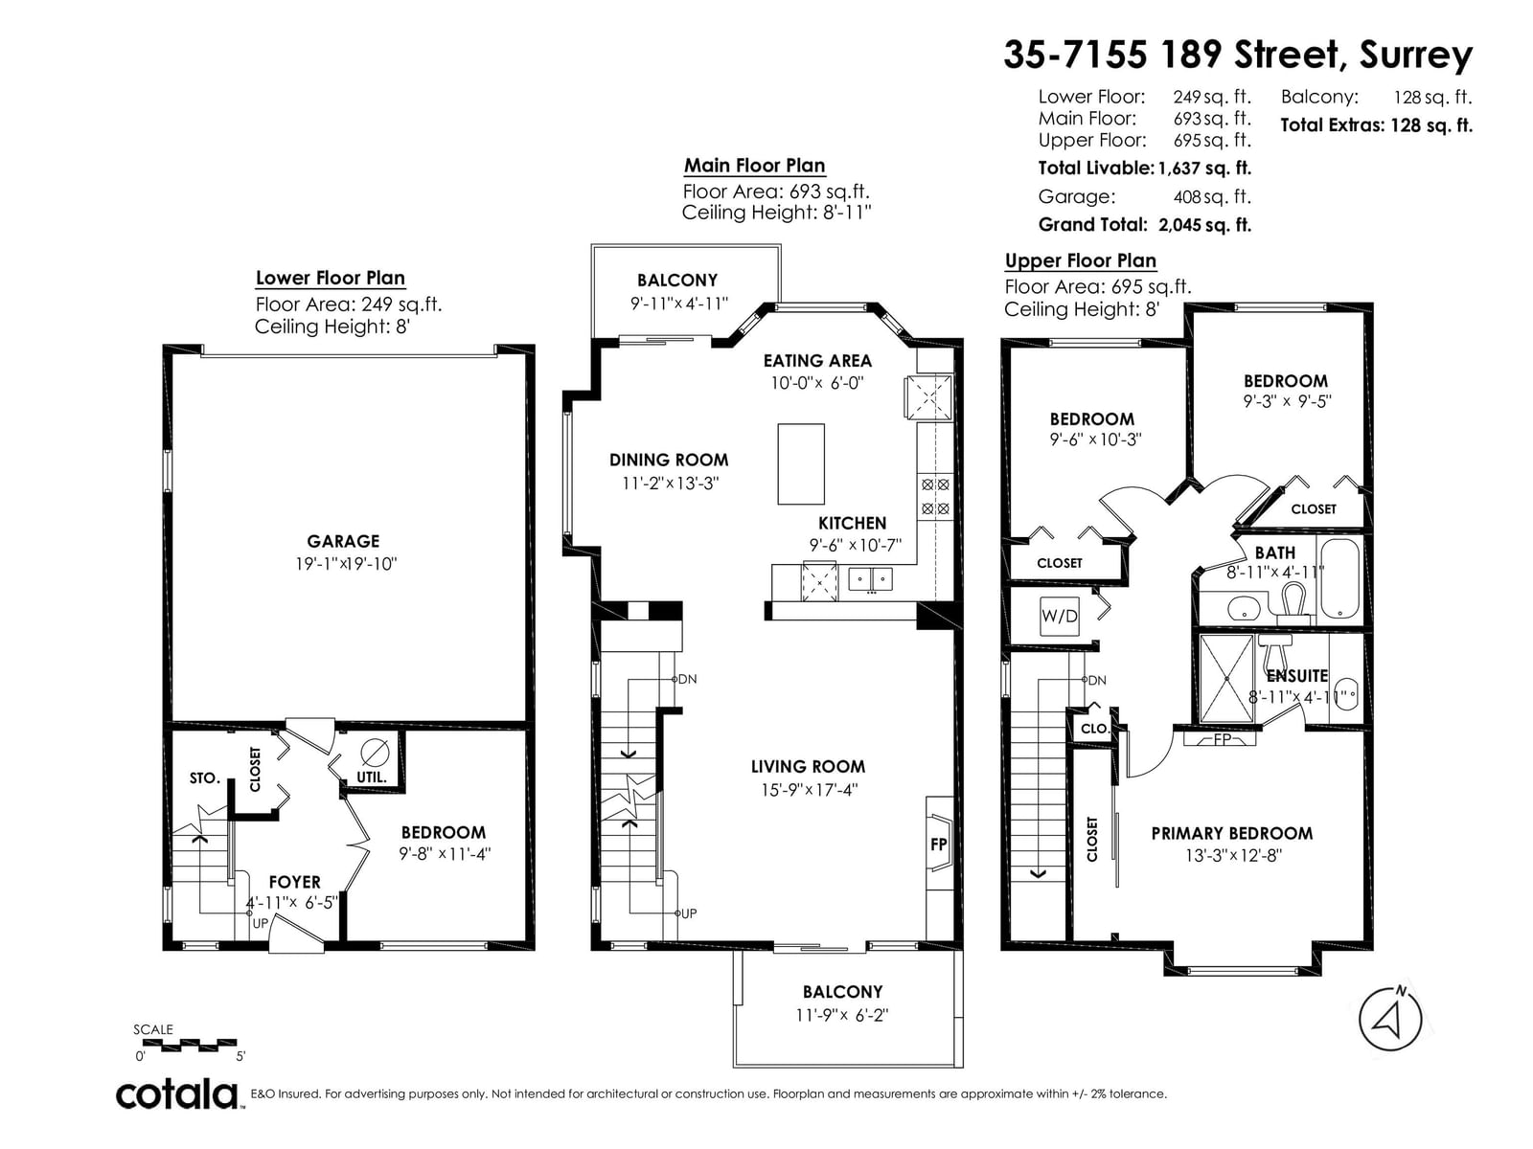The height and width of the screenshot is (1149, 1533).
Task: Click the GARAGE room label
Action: [x=343, y=541]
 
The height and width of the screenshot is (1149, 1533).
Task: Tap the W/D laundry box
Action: [x=1059, y=616]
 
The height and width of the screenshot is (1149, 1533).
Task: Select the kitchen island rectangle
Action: [x=800, y=463]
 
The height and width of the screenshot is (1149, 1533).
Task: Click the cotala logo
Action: [x=177, y=1094]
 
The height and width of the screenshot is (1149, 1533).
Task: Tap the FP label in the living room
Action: [x=938, y=845]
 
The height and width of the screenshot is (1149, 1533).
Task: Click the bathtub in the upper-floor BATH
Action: [x=1339, y=578]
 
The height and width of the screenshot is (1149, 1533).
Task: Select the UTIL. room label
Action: [x=371, y=777]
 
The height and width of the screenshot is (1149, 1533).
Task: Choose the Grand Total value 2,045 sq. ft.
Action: [x=1204, y=225]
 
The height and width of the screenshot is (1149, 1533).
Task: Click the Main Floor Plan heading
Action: [x=754, y=166]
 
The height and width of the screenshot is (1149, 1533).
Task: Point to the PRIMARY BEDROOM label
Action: [x=1232, y=833]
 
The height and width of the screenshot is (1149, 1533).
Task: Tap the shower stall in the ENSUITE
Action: [x=1226, y=678]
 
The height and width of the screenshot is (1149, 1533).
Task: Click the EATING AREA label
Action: [x=817, y=361]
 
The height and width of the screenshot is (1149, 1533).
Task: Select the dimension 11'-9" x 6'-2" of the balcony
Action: [x=841, y=1014]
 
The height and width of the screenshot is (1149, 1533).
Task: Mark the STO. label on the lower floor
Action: [x=205, y=777]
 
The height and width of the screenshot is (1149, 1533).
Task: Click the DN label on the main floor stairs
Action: [x=687, y=679]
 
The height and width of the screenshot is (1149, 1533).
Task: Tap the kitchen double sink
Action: [x=870, y=579]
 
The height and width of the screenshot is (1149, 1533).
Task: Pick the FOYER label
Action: [x=295, y=882]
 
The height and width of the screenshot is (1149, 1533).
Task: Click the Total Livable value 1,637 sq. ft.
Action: [x=1204, y=169]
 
